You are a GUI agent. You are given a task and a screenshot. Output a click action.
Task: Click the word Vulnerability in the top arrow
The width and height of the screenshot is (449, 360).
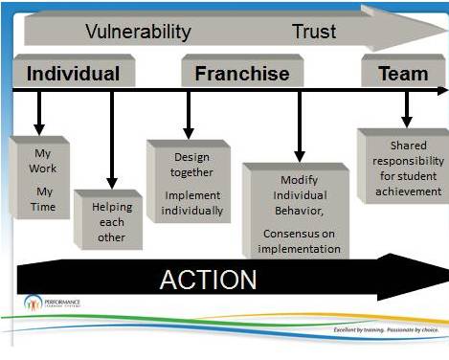click(139, 32)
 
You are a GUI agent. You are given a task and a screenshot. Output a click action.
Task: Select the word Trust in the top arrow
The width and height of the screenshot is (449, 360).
click(314, 32)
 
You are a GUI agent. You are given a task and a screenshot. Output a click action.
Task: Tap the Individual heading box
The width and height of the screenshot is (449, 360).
click(73, 73)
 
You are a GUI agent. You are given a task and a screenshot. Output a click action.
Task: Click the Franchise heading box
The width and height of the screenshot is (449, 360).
click(242, 73)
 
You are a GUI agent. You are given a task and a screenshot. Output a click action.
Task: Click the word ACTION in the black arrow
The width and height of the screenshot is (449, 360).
click(208, 280)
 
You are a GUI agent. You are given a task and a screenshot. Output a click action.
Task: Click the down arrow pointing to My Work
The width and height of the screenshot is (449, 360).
click(39, 113)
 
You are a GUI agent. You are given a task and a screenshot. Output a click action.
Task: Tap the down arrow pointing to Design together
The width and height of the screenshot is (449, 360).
click(189, 114)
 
